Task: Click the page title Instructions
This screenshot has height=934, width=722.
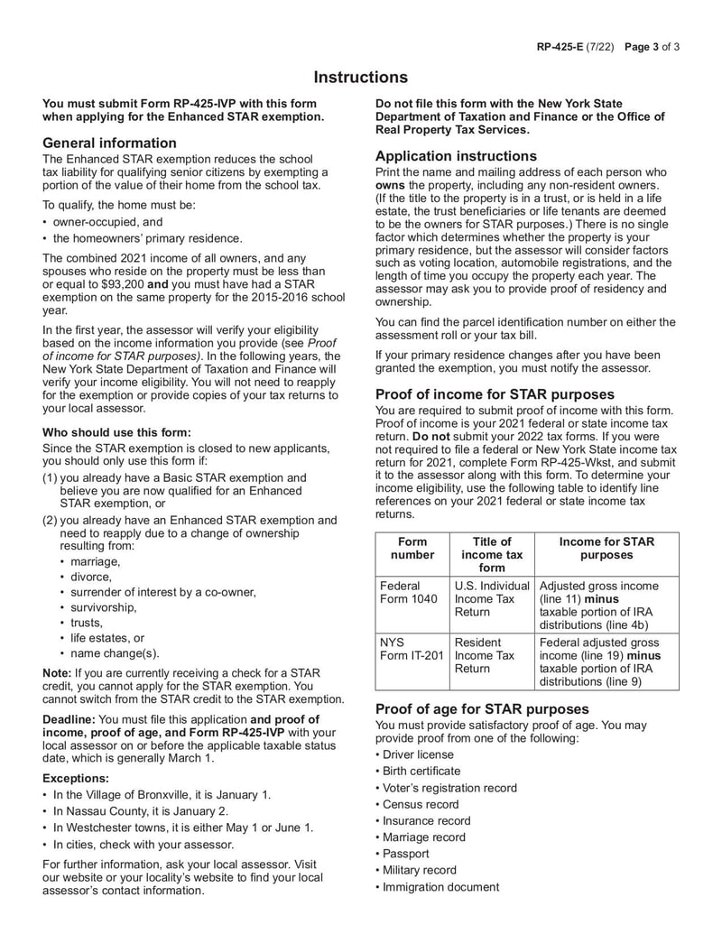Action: pos(361,78)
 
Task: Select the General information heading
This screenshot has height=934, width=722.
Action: pos(109,143)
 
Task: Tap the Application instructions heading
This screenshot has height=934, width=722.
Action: pos(456,155)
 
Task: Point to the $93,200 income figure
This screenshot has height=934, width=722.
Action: pos(115,283)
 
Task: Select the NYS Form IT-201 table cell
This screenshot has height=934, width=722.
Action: pos(412,649)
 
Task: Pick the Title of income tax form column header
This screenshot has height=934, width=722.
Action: pos(492,554)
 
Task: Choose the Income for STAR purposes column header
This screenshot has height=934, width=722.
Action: pos(606,549)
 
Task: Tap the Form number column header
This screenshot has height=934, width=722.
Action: pos(412,549)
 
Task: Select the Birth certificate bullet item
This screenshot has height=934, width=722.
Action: pos(421,771)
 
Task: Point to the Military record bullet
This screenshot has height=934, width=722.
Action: pos(419,870)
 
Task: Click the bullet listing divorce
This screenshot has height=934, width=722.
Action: pos(91,576)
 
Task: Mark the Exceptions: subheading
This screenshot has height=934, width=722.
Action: pos(76,778)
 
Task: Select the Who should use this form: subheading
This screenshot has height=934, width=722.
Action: pos(116,431)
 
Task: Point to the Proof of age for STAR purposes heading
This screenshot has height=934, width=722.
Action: pos(482,708)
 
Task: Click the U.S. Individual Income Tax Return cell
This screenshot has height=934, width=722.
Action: pos(492,598)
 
